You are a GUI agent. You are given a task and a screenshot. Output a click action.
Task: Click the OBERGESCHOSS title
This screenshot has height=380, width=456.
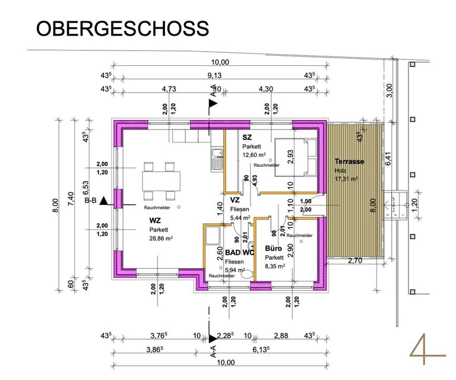click(123, 28)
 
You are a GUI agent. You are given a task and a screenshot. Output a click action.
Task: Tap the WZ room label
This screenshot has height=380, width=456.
click(155, 220)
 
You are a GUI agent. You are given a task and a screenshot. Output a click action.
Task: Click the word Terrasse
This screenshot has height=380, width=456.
click(349, 161)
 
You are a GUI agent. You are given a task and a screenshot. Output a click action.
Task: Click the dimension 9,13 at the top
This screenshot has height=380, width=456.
click(214, 75)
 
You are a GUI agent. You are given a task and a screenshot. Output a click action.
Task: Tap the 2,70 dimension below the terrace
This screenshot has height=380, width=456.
click(354, 261)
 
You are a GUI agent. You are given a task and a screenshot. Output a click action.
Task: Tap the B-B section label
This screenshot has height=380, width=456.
click(91, 201)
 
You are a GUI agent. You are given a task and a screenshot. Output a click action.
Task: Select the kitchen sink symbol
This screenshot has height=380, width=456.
click(216, 159)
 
